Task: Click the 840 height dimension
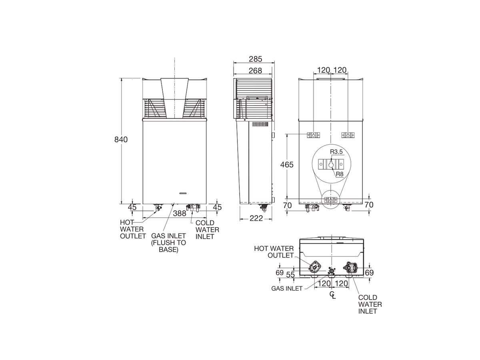click(121, 140)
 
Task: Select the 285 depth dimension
click(255, 59)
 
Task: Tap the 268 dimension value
click(255, 71)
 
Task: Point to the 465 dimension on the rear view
click(286, 164)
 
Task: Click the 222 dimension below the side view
click(256, 218)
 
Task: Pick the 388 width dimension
click(180, 214)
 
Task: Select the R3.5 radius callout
click(336, 152)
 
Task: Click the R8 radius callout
click(339, 174)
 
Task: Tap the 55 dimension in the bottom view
click(290, 275)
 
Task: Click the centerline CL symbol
click(332, 295)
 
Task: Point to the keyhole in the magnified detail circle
click(331, 164)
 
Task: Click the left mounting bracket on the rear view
click(313, 135)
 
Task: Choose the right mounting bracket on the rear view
click(348, 135)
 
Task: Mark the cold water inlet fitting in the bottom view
click(350, 267)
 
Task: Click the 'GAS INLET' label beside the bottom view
click(287, 288)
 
